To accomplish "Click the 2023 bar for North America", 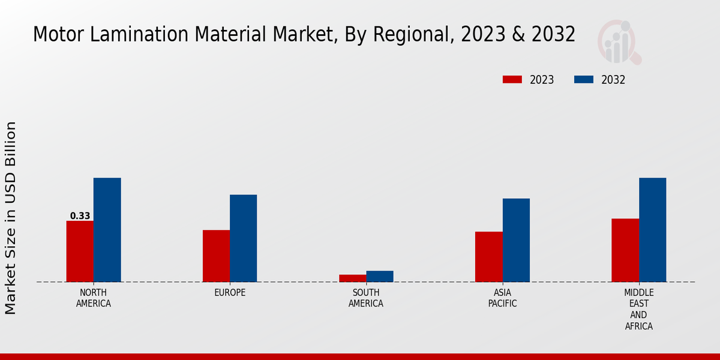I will (80, 251).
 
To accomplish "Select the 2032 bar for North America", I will (107, 230).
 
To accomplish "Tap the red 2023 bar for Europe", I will (216, 256).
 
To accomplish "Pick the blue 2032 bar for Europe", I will (243, 238).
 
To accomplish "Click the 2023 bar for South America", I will (352, 278).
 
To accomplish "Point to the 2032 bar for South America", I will (380, 277).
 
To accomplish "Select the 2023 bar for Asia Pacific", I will (489, 257).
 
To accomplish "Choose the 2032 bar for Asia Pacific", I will (516, 240).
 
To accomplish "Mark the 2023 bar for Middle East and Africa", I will (625, 250).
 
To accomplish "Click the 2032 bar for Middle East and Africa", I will (652, 230).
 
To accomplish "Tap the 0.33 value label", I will (80, 216).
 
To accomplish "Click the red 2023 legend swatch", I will (512, 80).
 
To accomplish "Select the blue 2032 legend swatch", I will (584, 80).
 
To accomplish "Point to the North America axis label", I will (94, 298).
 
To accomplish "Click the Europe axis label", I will (230, 293).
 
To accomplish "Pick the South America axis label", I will (366, 298).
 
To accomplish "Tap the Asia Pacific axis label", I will (502, 298).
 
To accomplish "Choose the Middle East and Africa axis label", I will (638, 310).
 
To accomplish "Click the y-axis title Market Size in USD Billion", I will (11, 218).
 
